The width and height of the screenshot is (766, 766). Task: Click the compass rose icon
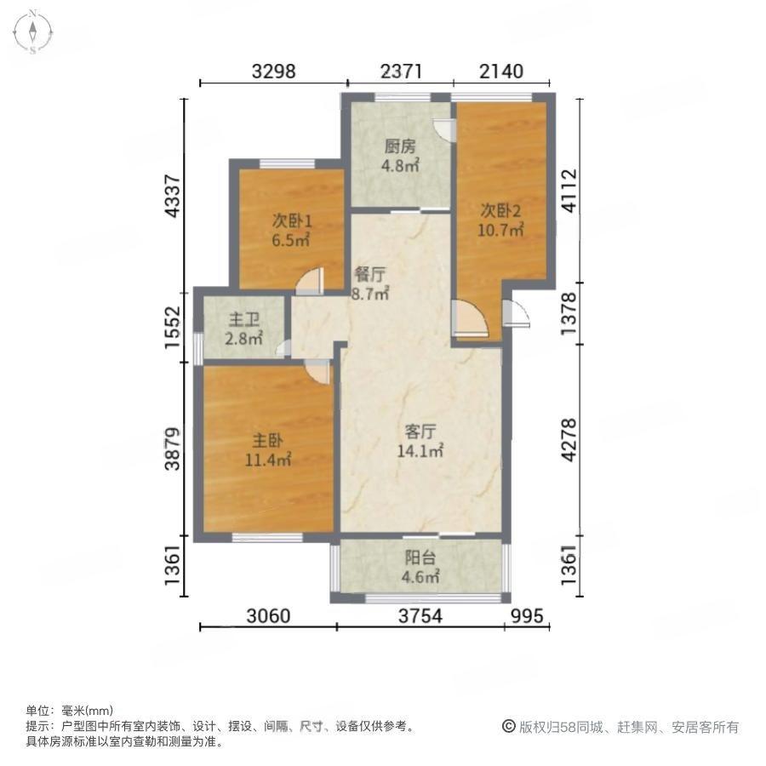[x=32, y=32]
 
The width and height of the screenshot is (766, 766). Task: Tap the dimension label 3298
[x=273, y=71]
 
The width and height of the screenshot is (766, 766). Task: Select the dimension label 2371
[x=401, y=71]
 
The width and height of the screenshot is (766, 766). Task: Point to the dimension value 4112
[x=569, y=191]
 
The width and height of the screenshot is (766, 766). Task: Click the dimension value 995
[x=527, y=616]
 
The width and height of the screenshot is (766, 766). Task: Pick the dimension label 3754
[x=420, y=616]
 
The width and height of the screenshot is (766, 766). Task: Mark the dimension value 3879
[x=173, y=449]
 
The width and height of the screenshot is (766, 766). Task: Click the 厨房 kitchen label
[x=400, y=146]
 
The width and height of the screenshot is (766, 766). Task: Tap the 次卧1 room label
[x=292, y=222]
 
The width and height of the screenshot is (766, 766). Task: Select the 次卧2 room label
[x=500, y=210]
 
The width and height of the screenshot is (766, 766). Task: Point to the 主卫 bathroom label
[x=243, y=320]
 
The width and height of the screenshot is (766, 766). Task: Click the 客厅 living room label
[x=420, y=432]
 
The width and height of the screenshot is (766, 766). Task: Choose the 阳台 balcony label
[x=420, y=557]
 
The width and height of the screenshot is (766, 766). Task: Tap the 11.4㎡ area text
[x=268, y=460]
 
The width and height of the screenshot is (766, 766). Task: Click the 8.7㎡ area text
[x=370, y=294]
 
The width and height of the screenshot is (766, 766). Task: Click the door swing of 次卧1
[x=310, y=282]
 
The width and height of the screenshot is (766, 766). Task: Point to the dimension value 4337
[x=173, y=197]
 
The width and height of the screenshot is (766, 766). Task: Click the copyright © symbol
[x=509, y=727]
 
